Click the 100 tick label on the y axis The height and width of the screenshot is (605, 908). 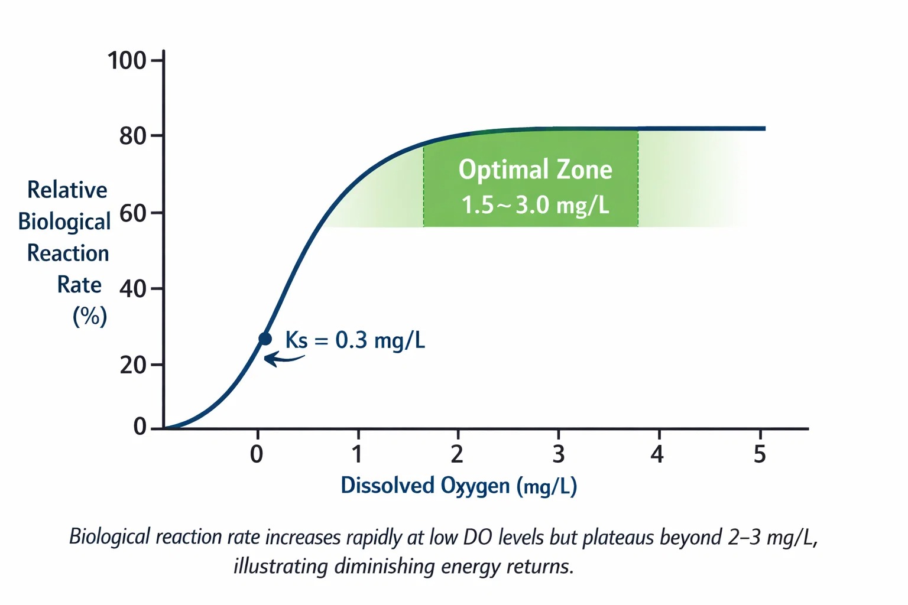click(x=127, y=60)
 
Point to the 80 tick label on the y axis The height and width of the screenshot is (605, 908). click(x=133, y=136)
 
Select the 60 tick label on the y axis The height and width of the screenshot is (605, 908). click(x=133, y=213)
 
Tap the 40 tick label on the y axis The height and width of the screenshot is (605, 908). click(x=133, y=289)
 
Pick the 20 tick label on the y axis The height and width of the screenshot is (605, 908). click(x=133, y=365)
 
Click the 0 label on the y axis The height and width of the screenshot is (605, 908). click(x=140, y=426)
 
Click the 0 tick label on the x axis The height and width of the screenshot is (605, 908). click(x=257, y=454)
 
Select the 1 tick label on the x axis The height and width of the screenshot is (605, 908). click(x=357, y=454)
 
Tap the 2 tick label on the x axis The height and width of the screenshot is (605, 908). click(x=457, y=454)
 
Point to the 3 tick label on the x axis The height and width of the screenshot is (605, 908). click(x=558, y=454)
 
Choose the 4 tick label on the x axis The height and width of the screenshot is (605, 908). click(x=657, y=454)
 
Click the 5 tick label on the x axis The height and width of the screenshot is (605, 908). click(x=760, y=454)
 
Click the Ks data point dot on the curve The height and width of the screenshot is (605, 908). click(x=265, y=339)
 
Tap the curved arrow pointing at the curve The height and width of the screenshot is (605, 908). click(x=283, y=358)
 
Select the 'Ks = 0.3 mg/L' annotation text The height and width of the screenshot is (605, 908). click(x=355, y=340)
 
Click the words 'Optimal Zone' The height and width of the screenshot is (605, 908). click(x=535, y=170)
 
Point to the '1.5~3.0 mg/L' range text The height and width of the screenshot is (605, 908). click(x=535, y=205)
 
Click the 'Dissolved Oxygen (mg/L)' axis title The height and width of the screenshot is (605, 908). click(x=459, y=486)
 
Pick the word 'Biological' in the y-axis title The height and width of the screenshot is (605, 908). click(x=64, y=222)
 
